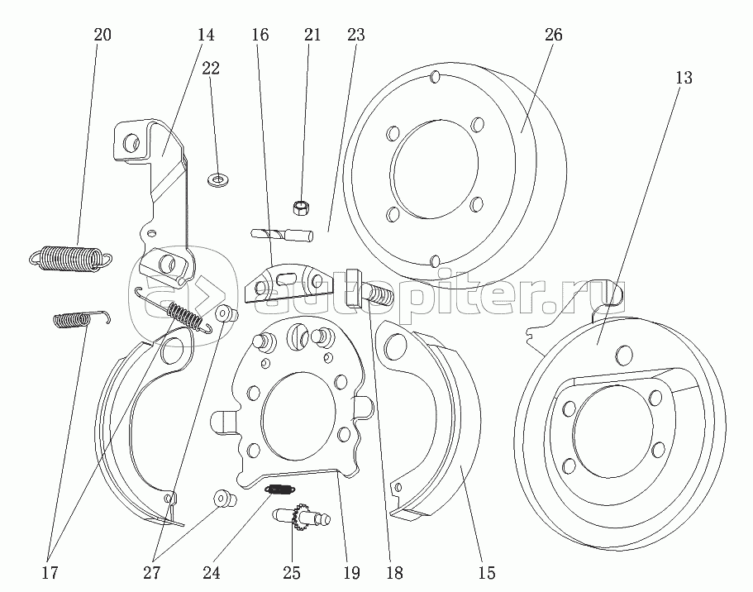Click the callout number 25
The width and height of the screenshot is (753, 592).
point(291,572)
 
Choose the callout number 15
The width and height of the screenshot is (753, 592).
point(487,572)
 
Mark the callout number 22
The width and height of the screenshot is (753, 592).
point(211,69)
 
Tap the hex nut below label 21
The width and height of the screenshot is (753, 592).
point(302,206)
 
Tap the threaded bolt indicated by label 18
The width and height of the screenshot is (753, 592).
point(376,292)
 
